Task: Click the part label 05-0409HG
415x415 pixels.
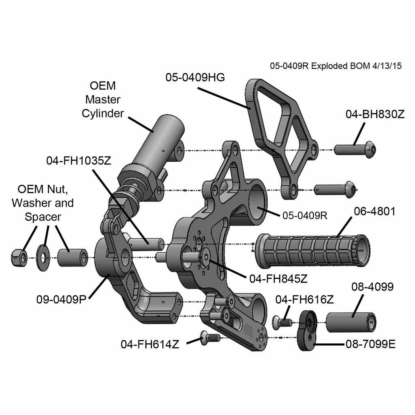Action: tap(195, 77)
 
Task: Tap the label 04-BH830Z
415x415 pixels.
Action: tap(375, 114)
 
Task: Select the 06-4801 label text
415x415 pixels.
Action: tap(374, 212)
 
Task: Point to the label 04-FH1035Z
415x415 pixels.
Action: tap(78, 160)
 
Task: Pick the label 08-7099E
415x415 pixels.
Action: tap(370, 344)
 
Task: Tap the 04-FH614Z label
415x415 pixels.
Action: tap(150, 344)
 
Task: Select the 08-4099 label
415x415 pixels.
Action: tap(372, 287)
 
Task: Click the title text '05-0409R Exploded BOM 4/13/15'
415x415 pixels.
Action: tap(336, 66)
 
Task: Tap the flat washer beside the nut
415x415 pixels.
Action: tap(43, 257)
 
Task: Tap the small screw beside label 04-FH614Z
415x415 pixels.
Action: tap(210, 337)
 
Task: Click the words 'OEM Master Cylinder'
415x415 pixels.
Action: tap(103, 99)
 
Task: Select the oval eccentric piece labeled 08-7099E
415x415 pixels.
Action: tap(310, 330)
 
